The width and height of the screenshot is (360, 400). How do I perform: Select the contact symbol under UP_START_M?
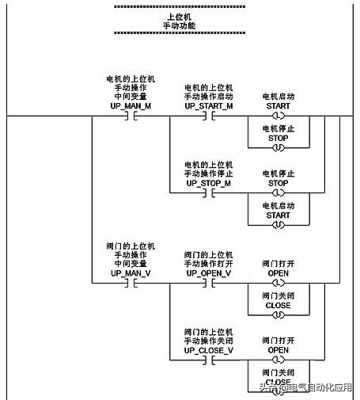(209, 115)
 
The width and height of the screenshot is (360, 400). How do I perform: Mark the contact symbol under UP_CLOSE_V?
(209, 359)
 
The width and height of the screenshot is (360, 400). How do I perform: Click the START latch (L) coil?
(278, 115)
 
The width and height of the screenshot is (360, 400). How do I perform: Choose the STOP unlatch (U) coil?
(278, 147)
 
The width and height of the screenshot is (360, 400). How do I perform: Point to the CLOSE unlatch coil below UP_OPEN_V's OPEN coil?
(278, 314)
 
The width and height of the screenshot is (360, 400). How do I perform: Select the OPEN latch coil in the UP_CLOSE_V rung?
(278, 359)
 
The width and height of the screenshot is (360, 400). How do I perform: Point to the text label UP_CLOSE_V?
(209, 349)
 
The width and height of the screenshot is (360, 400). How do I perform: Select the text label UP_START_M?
(209, 105)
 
